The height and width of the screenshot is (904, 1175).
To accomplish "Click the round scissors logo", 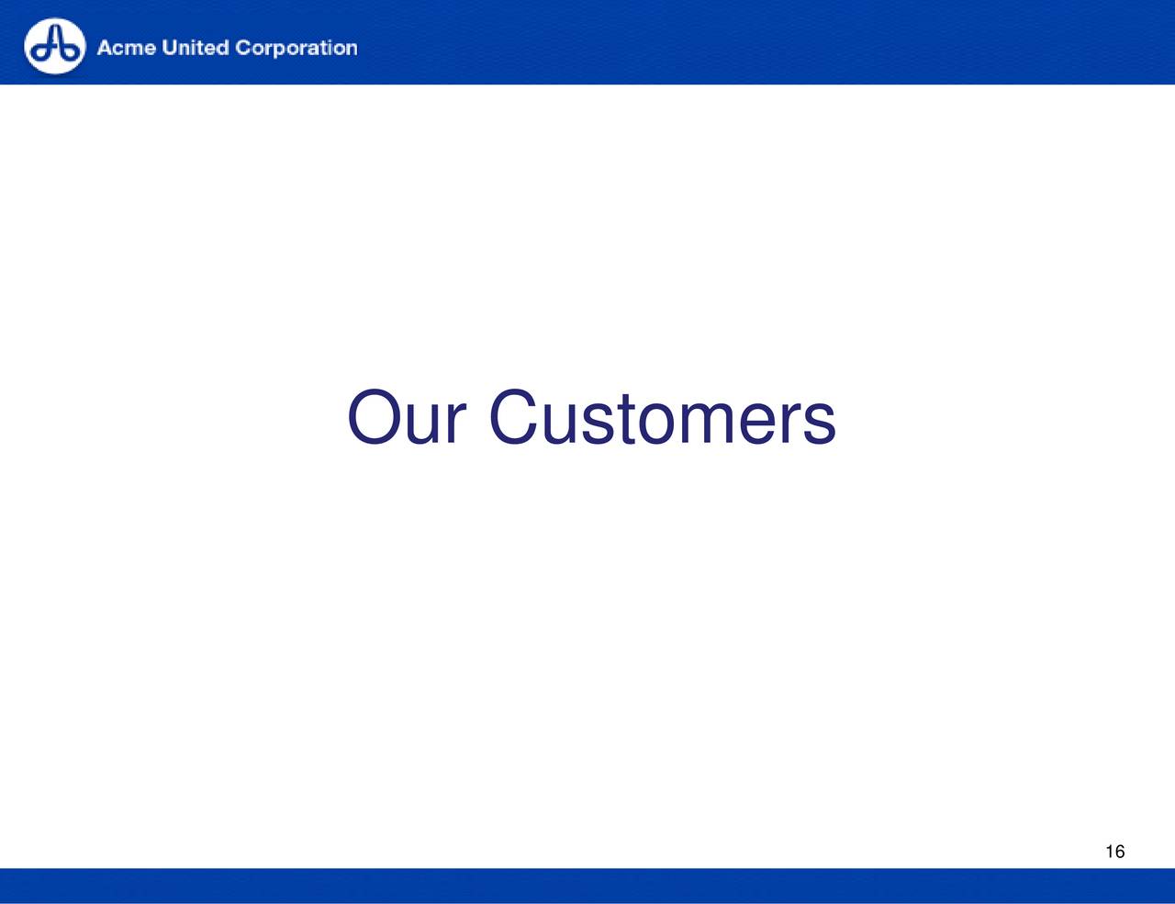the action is [54, 46].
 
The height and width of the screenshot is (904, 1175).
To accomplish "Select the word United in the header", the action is [196, 48].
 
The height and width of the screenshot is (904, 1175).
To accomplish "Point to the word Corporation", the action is [297, 49].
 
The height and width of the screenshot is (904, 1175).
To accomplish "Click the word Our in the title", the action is [406, 417].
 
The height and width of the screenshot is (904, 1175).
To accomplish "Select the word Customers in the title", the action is [663, 417].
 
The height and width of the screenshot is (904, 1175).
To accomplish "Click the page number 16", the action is [1115, 852].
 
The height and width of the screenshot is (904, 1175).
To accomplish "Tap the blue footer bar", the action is [587, 886].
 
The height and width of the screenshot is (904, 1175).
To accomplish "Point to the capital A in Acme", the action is [105, 48].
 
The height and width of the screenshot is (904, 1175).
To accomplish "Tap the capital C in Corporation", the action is [244, 48].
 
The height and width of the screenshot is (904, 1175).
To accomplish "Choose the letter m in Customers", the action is [707, 424].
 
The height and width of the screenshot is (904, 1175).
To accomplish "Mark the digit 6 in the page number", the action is [1120, 852].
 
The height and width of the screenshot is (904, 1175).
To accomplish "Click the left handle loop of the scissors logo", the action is [40, 53].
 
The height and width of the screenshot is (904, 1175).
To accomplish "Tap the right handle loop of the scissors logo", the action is [69, 53].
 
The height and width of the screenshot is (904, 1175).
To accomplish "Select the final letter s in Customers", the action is [820, 424].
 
